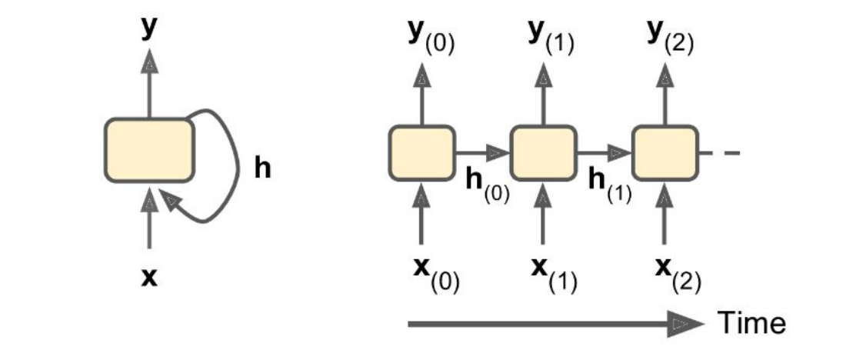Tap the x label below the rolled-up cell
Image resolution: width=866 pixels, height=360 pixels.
point(149,277)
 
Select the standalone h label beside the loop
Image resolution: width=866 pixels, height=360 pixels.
point(262,168)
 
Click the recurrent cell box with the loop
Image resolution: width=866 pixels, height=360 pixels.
point(149,151)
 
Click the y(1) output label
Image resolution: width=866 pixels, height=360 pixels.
point(551,37)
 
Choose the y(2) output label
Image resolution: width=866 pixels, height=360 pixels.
point(671,37)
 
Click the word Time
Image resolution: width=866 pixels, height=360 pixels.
point(752,324)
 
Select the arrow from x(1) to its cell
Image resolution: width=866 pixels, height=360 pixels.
point(543,219)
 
